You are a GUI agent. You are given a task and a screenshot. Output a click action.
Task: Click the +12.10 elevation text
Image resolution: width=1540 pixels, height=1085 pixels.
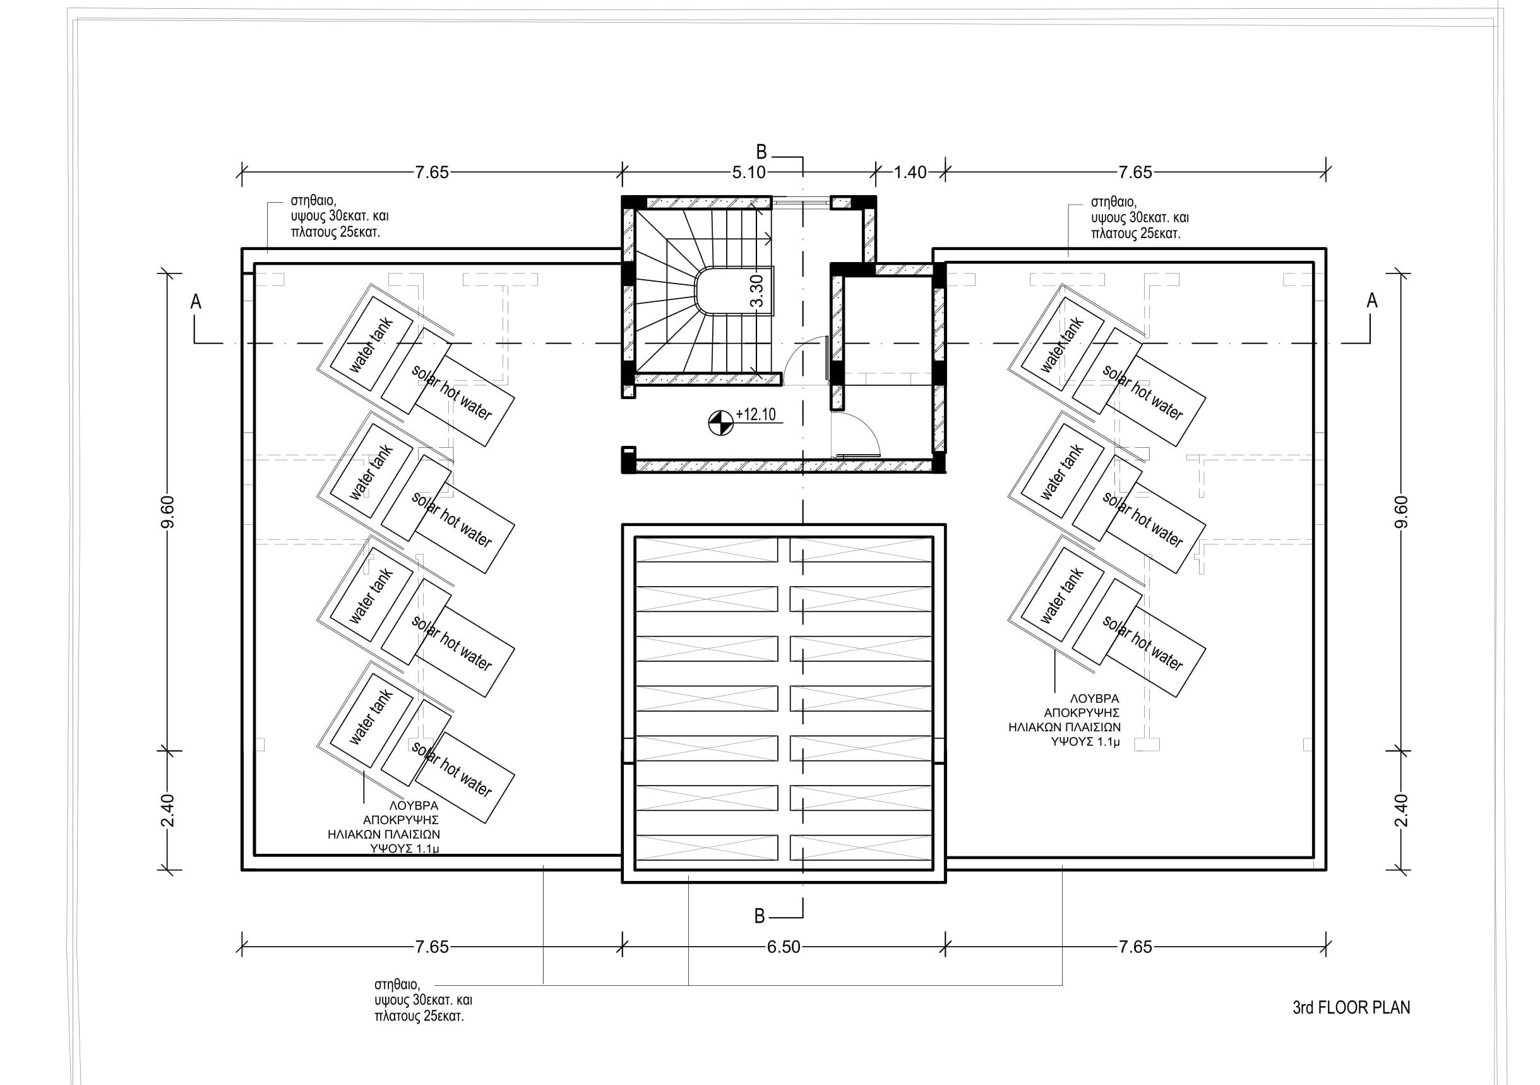coord(756,415)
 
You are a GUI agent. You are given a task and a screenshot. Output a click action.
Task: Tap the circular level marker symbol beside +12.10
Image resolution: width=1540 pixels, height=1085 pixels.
coord(720,423)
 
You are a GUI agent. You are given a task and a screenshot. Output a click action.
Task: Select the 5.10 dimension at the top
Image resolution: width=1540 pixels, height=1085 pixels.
coord(749,172)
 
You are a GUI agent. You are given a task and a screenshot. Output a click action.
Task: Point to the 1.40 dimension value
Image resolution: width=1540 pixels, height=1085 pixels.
coord(910,172)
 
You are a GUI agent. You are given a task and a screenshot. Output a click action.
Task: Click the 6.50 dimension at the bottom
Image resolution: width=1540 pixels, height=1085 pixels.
coord(784,947)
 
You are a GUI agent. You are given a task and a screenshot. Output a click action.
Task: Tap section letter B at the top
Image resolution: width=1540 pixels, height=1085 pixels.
coord(761,152)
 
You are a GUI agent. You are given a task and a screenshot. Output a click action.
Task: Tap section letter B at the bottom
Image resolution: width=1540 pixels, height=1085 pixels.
coord(760,916)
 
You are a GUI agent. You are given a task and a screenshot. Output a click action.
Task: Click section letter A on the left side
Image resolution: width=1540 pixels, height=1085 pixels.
coord(196,302)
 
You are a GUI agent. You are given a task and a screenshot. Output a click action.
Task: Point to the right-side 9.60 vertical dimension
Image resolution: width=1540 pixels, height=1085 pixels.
coord(1402,512)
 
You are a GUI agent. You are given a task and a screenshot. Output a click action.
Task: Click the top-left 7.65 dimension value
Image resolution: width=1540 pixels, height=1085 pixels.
coord(431,172)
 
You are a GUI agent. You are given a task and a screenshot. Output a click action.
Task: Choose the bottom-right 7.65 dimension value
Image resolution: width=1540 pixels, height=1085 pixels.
coord(1135,947)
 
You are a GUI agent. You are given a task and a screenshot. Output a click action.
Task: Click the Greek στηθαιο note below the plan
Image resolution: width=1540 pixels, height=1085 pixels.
coord(423,1000)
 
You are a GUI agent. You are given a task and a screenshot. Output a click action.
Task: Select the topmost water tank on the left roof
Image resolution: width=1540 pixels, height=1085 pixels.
coord(371,345)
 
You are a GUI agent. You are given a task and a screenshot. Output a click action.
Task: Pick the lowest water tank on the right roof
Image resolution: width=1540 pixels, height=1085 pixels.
coord(1062,596)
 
